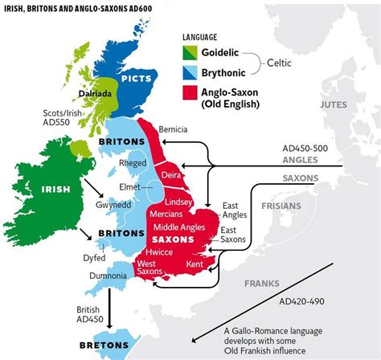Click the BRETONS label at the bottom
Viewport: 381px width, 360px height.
[105, 346]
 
